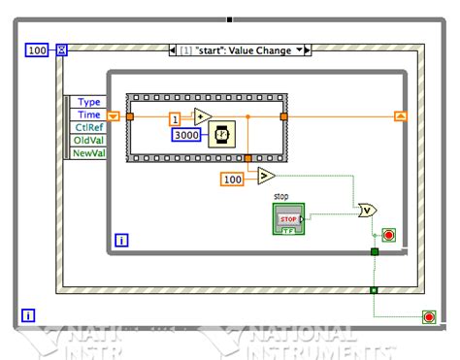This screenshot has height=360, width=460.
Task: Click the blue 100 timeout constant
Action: tap(35, 49)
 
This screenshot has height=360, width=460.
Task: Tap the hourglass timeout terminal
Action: tap(61, 49)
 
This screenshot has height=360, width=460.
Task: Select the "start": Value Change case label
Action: tap(237, 49)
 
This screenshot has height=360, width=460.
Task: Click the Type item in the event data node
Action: tap(88, 102)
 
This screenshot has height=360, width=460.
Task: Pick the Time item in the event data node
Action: tap(88, 115)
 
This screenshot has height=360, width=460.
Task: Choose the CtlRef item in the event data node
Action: tap(88, 127)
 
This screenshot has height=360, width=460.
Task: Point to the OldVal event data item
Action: tap(88, 140)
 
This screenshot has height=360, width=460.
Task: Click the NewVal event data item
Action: tap(88, 152)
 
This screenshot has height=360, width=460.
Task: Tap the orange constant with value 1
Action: tap(176, 119)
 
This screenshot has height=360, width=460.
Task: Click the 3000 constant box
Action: tap(187, 135)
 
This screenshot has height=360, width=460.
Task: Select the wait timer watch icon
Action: tap(223, 132)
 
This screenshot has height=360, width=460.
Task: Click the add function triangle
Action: tap(203, 116)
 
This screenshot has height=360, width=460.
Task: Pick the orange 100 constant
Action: tap(233, 180)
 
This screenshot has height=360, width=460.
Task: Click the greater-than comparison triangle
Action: tap(265, 176)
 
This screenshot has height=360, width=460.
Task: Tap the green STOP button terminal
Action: tap(289, 219)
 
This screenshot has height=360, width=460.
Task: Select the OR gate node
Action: tap(368, 210)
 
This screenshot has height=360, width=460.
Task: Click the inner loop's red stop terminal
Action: tap(389, 236)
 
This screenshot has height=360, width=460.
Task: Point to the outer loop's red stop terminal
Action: tap(428, 317)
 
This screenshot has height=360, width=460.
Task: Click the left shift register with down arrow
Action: tap(114, 116)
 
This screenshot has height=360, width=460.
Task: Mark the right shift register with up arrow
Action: tap(400, 116)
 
